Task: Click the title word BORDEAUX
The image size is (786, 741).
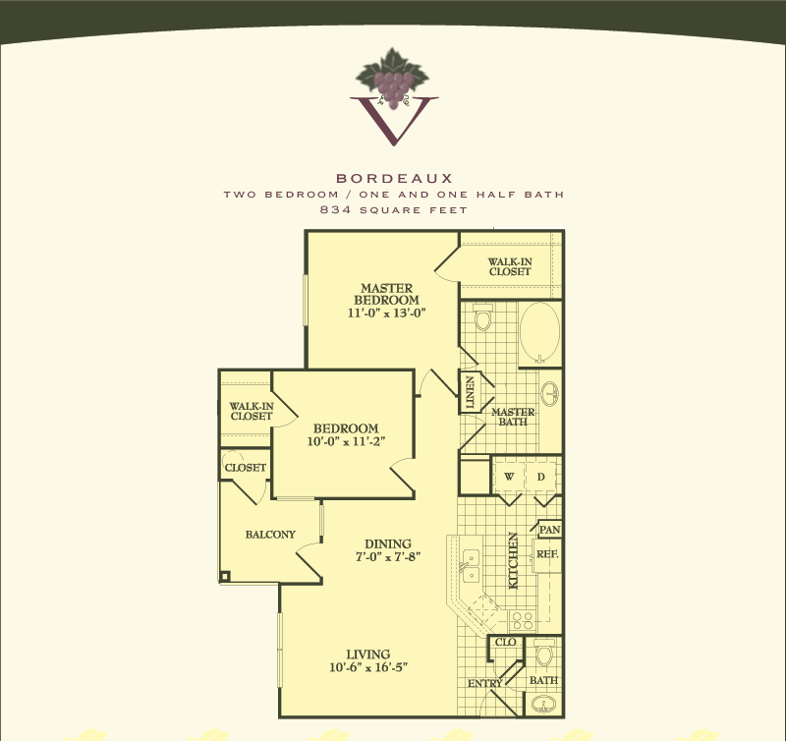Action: coord(395,178)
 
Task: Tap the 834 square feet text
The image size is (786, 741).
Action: coord(394,209)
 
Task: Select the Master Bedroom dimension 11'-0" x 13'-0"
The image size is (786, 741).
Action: coord(386,313)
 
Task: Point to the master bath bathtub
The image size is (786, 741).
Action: coord(539,333)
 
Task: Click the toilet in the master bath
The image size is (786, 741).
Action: coord(483,316)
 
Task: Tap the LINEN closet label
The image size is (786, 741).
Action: coord(470,392)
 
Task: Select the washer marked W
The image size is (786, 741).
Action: coord(509,477)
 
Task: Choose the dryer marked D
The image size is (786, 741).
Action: coord(541,477)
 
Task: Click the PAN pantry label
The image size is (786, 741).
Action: coord(549,530)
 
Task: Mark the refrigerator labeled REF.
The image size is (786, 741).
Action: coord(547,554)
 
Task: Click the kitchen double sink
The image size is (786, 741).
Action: coord(472,565)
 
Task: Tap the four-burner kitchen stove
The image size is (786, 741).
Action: coord(523,621)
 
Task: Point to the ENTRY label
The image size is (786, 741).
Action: coord(484,683)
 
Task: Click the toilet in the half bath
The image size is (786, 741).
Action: coord(544,653)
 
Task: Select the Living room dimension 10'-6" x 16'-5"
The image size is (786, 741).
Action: coord(368,667)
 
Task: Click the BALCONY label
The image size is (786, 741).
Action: coord(270,535)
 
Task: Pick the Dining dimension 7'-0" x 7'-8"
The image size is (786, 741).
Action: coord(388,556)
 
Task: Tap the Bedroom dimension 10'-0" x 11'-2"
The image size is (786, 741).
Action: coord(346,441)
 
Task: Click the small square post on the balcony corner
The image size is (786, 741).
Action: coord(225,577)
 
